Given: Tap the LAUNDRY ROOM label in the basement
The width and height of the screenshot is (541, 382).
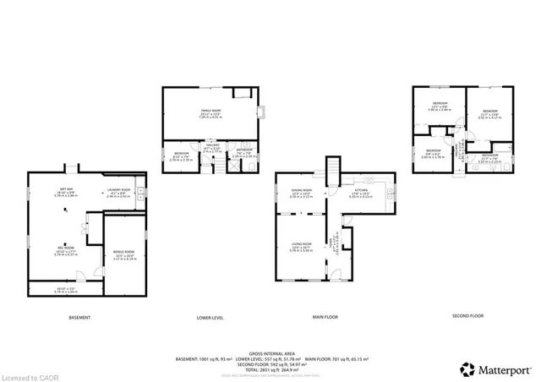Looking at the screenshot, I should (x=118, y=190).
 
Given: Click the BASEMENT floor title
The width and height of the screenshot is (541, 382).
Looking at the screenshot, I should (x=79, y=317).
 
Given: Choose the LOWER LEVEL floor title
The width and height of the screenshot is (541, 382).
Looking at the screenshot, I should (x=210, y=317).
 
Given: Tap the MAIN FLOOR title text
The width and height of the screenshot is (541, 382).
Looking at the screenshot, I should (x=325, y=317).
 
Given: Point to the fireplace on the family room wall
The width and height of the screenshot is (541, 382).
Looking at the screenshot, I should (x=262, y=110).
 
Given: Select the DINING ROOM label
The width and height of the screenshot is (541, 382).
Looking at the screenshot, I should (x=302, y=191).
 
